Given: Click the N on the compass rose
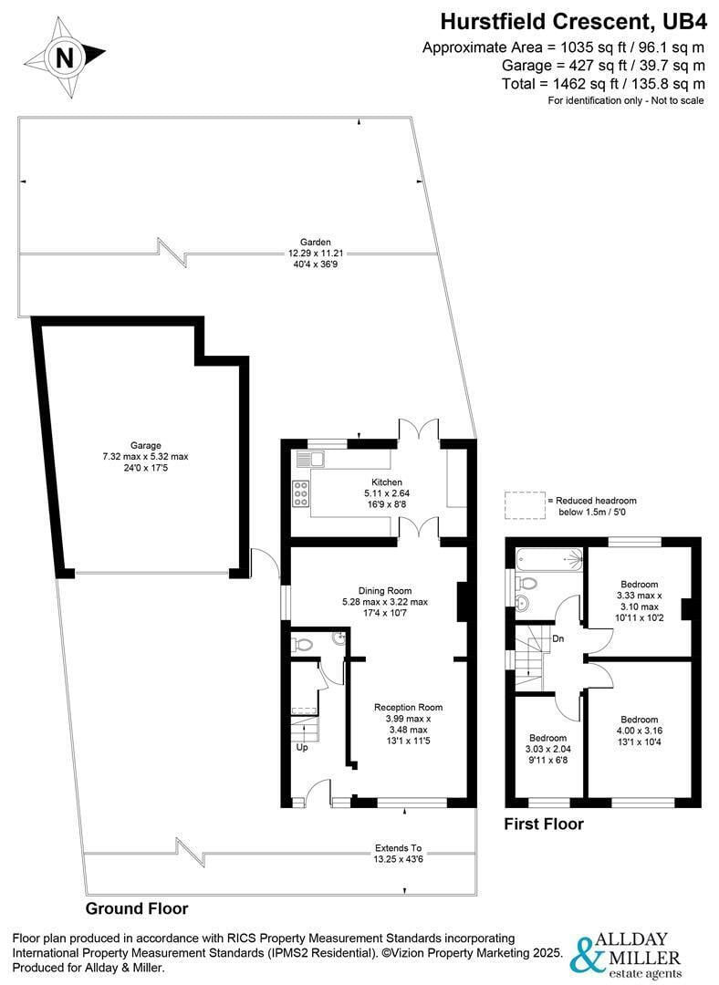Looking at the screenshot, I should (x=64, y=57).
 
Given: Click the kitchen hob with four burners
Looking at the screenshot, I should (x=300, y=493).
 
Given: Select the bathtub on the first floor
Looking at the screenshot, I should (x=547, y=558).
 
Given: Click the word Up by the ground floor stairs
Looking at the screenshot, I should (x=301, y=747).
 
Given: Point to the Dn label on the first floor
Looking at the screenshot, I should (x=558, y=639).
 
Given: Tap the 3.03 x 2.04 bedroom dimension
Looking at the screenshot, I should (x=547, y=751).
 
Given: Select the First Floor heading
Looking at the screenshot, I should (x=544, y=824).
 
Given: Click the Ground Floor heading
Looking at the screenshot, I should (x=137, y=908).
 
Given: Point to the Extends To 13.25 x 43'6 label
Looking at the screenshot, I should (x=398, y=853).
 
